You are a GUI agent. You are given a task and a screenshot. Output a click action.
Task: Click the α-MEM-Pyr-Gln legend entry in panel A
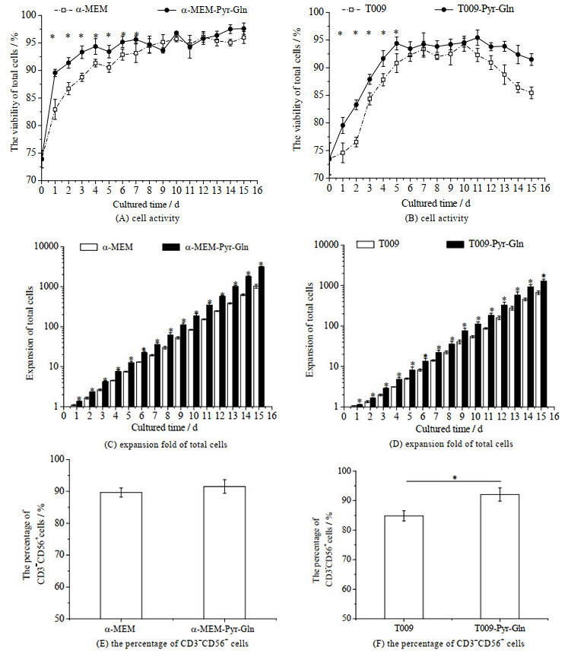pos(202,9)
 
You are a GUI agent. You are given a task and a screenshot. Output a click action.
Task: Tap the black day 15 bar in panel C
pos(262,337)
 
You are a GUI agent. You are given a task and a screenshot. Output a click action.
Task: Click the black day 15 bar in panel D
pos(544,344)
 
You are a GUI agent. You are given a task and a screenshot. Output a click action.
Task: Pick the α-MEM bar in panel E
pos(121,555)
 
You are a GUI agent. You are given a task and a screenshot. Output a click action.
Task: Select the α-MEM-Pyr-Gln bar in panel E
pos(224,553)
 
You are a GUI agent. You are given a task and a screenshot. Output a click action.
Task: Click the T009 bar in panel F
pos(404,567)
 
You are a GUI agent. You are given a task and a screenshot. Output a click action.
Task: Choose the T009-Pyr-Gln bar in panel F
pos(500,557)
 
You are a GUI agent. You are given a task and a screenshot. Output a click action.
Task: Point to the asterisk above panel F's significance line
pos(455,477)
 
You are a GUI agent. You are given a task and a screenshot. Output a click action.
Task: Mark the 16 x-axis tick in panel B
pos(545,188)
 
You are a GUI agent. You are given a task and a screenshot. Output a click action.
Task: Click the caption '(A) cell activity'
pos(148,219)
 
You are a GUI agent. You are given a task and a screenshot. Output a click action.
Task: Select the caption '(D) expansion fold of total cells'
pos(451,444)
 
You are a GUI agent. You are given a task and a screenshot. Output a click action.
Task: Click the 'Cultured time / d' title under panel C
pos(164,427)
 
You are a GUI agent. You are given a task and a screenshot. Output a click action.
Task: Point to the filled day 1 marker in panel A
pos(55,73)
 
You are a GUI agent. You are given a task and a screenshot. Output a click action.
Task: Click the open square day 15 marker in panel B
pos(531,93)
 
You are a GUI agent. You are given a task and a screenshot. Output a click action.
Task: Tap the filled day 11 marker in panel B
pos(477,37)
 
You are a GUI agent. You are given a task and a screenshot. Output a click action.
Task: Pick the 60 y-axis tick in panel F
pos(345,589)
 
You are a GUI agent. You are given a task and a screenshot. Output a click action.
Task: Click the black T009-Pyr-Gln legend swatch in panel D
pos(455,244)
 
